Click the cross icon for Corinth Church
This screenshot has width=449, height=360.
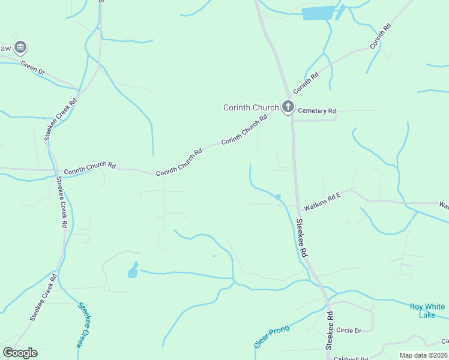[288, 107]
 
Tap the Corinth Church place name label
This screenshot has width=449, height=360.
[251, 108]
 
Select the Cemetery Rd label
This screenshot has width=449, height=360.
[317, 111]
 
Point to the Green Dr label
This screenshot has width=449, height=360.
[33, 68]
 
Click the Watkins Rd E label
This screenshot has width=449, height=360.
[322, 202]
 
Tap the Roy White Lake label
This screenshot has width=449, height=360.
[427, 311]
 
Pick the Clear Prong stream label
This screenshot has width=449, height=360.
[271, 337]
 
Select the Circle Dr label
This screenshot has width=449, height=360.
[349, 331]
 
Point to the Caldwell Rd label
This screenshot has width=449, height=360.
[351, 358]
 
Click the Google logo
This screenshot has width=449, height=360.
[20, 353]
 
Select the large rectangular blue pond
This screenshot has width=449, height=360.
[318, 13]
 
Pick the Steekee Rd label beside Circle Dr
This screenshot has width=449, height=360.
[329, 331]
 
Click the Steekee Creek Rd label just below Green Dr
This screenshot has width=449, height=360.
[61, 119]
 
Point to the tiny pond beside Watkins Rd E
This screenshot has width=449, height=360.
[278, 197]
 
